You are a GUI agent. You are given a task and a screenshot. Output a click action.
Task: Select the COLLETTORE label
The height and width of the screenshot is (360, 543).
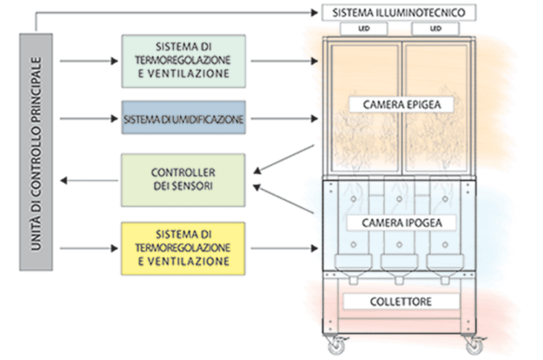point(400,300)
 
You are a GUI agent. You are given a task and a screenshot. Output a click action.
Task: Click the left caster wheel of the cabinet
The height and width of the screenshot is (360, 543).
point(336,348)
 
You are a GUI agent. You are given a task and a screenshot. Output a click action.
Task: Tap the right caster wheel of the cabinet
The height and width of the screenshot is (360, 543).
point(478,348)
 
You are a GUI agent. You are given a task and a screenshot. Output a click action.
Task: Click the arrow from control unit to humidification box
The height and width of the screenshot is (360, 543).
point(86,118)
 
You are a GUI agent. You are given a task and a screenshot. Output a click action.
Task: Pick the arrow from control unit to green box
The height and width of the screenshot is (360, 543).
point(86,61)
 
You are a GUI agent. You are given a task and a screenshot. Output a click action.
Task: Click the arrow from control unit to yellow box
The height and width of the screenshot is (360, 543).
point(86,249)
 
